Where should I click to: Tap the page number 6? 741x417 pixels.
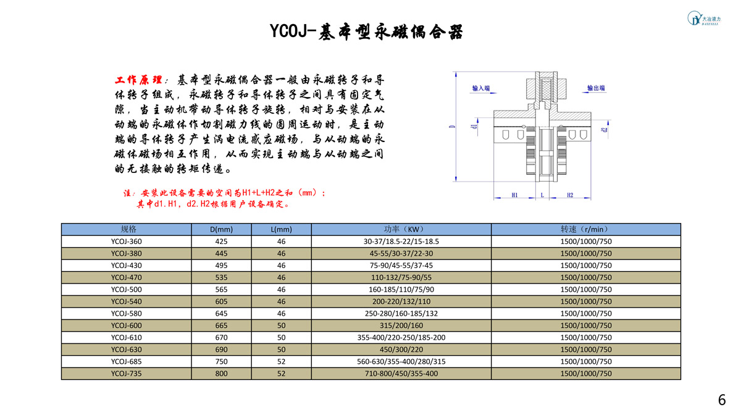722,400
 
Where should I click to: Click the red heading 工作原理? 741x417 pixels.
138,80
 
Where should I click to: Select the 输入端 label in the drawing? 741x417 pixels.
480,88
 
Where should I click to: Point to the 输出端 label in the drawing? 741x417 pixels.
596,88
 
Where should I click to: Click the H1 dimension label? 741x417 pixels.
514,195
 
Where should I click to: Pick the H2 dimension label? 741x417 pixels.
569,195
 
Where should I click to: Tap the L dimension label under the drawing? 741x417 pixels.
542,195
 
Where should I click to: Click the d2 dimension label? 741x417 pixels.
605,130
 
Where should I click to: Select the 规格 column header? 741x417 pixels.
128,229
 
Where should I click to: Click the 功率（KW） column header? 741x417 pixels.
401,229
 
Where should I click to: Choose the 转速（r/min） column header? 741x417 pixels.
586,229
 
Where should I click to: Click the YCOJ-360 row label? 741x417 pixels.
127,242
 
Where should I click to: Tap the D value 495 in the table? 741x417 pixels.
221,266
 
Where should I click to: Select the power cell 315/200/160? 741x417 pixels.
401,326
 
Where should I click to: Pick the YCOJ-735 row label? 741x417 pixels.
127,373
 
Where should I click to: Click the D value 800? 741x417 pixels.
221,373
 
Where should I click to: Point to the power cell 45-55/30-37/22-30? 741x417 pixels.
401,253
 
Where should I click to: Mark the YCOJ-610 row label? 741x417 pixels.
127,337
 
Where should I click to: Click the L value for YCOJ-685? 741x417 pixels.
281,361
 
